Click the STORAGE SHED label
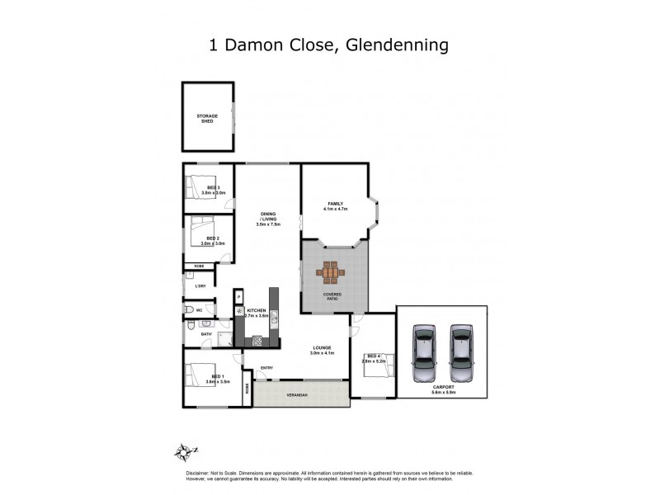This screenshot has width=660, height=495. [206, 119]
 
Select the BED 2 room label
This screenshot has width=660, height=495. [212, 240]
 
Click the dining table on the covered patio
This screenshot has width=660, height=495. [330, 272]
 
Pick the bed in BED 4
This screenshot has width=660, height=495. [377, 363]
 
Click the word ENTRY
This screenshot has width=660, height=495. [266, 368]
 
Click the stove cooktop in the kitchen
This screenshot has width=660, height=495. [257, 340]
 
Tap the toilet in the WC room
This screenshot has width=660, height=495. [190, 310]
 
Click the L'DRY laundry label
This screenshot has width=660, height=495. [200, 285]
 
